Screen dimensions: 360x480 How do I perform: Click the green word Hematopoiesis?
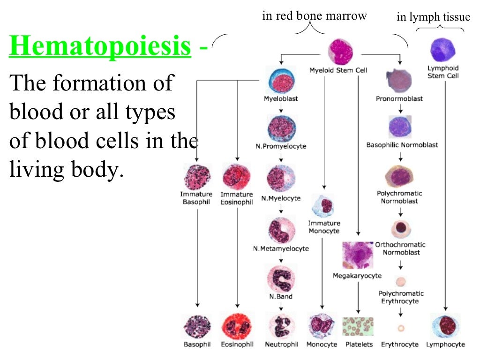coord(100,47)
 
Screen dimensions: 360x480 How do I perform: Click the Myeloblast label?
coord(281,99)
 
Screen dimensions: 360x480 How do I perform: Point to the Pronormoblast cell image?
coord(399,80)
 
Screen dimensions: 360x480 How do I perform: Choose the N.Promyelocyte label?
coord(281,146)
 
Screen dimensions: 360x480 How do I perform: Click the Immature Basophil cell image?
coord(197,177)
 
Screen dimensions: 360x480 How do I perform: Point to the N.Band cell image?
coord(281,277)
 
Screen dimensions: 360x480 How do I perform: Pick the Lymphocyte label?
coord(445,345)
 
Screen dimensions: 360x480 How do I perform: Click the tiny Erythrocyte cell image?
coord(400,328)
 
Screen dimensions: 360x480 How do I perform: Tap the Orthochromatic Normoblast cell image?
coord(401,229)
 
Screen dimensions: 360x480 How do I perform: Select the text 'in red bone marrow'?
coord(314,16)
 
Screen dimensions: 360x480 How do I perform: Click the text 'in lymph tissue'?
coord(433,17)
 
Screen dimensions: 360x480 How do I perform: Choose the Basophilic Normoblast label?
coord(402,145)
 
